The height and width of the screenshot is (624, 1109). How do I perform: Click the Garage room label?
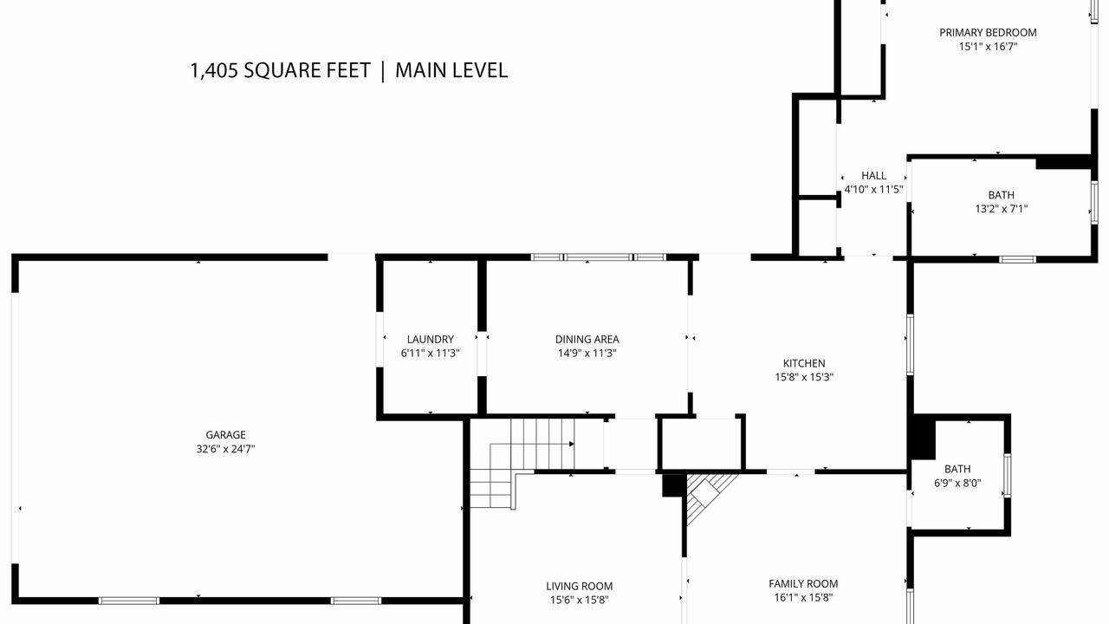(x=226, y=435)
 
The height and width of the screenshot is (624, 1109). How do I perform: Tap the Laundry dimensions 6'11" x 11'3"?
(x=431, y=353)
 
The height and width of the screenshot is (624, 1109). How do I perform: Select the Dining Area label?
(x=587, y=339)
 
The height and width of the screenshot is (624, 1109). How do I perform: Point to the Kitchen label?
(x=804, y=363)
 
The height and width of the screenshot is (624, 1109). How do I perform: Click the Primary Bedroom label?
(x=989, y=33)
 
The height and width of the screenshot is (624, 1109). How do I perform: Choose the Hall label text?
(x=874, y=176)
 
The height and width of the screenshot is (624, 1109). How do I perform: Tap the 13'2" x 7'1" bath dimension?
(x=1002, y=209)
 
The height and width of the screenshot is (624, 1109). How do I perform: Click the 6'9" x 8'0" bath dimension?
(x=957, y=483)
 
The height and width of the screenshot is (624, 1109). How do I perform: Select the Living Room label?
(x=580, y=587)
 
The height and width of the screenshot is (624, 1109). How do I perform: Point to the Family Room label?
(x=803, y=584)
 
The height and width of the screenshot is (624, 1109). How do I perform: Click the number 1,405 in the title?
(x=214, y=71)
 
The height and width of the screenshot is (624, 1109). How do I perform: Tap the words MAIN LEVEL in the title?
(x=451, y=70)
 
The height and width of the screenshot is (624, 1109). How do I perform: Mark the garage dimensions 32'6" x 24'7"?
(x=226, y=449)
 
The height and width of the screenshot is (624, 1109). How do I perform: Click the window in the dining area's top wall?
(x=599, y=257)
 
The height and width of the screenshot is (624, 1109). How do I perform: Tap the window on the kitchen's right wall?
(x=910, y=344)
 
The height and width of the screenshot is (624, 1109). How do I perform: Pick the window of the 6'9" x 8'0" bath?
(x=1007, y=476)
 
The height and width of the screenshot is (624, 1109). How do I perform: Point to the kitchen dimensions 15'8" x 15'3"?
(x=804, y=377)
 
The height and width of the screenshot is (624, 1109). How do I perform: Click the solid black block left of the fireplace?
(x=674, y=484)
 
